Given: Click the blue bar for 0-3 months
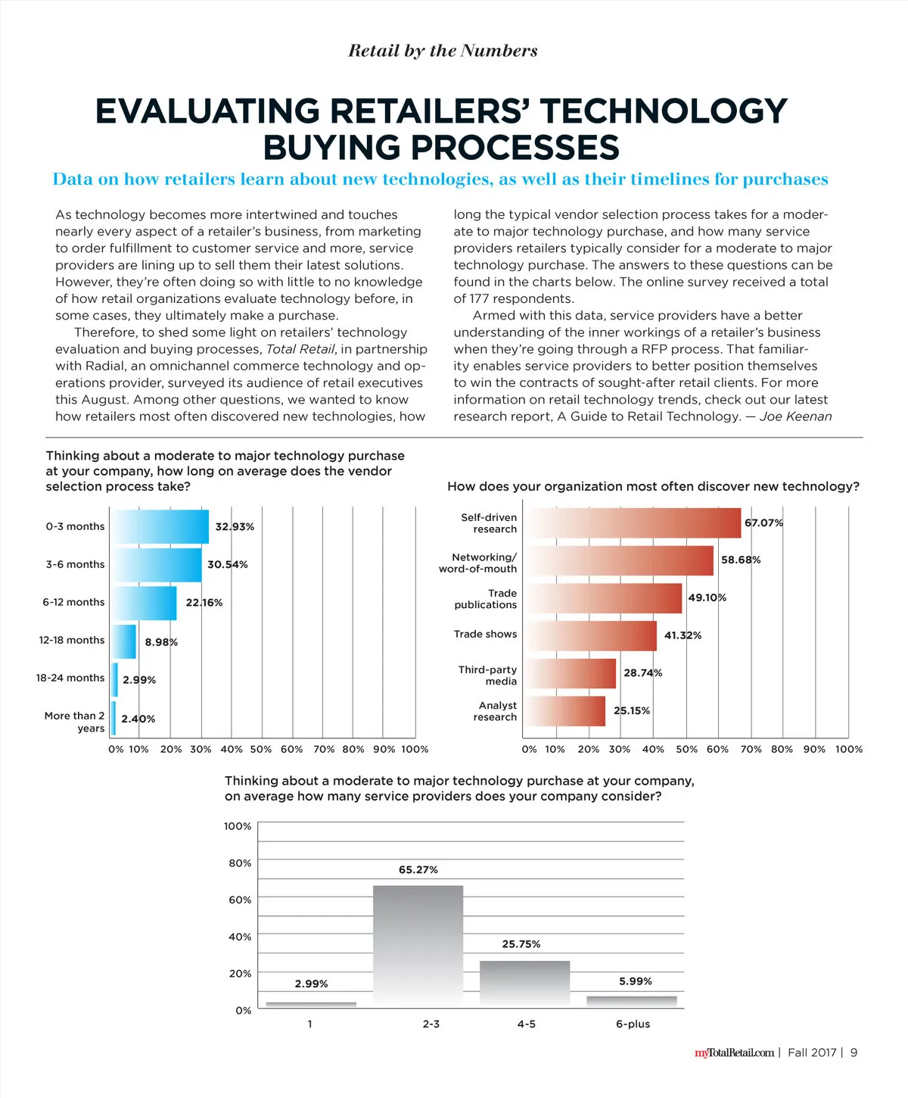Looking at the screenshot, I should [160, 526].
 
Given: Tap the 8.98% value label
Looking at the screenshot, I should [161, 642].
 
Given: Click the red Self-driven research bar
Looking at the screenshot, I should [633, 522].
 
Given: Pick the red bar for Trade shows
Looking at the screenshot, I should [591, 635].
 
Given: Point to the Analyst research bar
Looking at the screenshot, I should [565, 711].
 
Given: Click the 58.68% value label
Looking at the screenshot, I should [741, 560].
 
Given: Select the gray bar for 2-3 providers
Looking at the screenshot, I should [418, 945].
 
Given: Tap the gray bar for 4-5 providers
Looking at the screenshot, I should [524, 983].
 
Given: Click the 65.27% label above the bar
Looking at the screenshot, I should [418, 870].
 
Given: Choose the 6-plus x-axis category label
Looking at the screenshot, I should [633, 1024].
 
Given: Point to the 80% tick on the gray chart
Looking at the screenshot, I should [240, 863].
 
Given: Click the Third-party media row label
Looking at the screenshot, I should [487, 675].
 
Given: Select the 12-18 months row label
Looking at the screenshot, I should [72, 640].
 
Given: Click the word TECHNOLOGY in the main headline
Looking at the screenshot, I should [664, 111].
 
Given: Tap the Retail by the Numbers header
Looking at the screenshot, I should [443, 51].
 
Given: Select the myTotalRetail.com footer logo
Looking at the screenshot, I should [734, 1053].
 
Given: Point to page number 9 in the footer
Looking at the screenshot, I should [854, 1053].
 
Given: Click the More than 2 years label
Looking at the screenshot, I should [74, 722].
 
